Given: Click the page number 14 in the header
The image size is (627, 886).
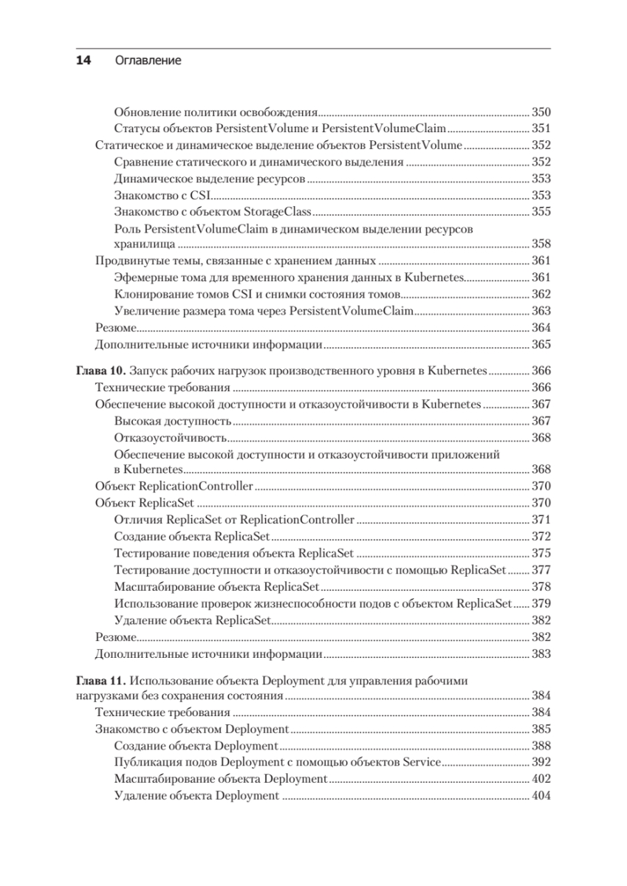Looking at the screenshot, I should click(83, 61).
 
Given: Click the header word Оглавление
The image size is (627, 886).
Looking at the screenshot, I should click(148, 61).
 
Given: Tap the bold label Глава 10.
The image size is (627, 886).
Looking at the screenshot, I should click(101, 371).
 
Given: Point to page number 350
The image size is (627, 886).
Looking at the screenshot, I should click(541, 113).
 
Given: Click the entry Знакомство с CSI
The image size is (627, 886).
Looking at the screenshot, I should click(163, 195).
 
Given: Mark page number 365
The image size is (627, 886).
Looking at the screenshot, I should click(541, 345).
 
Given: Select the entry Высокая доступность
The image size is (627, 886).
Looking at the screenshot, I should click(174, 421).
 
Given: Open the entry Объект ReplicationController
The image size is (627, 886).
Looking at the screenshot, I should click(175, 487).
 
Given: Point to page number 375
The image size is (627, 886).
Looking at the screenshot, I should click(541, 553).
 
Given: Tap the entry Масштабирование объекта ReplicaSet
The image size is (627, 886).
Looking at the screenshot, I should click(217, 587).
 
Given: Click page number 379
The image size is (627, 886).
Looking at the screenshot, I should click(541, 603).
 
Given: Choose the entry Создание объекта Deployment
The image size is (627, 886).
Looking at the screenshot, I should click(196, 746).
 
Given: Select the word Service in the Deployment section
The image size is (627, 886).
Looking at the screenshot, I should click(421, 762).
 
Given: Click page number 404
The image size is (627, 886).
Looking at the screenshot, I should click(541, 796).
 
